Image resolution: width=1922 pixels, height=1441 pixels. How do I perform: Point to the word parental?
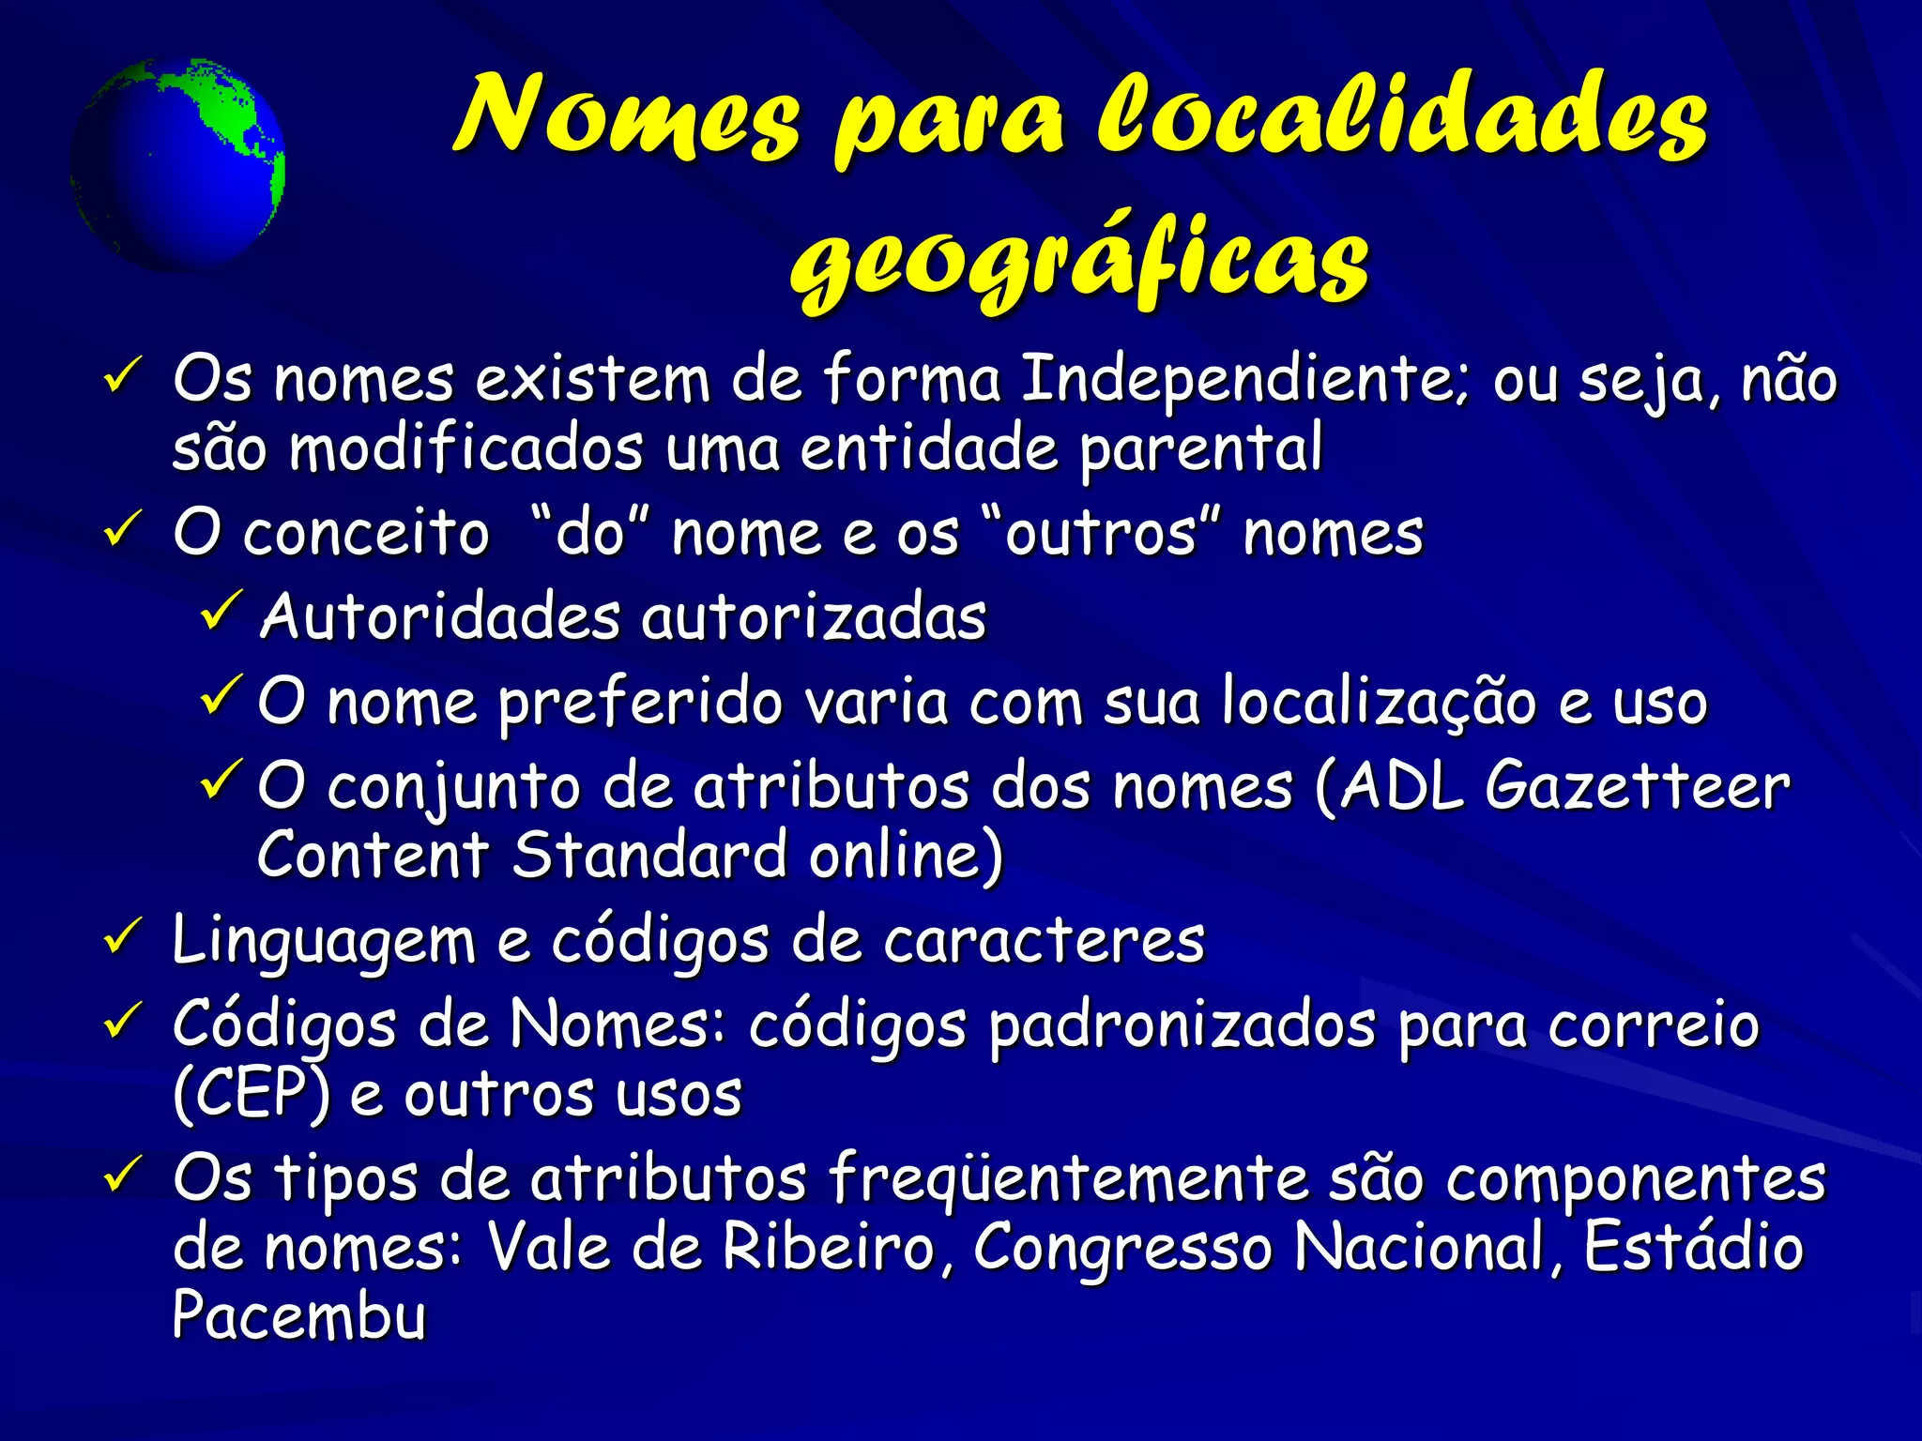[1201, 448]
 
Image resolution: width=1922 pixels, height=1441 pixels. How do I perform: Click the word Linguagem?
[325, 941]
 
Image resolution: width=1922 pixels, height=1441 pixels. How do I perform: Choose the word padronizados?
[1182, 1025]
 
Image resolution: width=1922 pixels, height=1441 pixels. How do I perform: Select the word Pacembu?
[299, 1315]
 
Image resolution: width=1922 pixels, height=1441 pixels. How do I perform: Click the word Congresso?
[1122, 1249]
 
